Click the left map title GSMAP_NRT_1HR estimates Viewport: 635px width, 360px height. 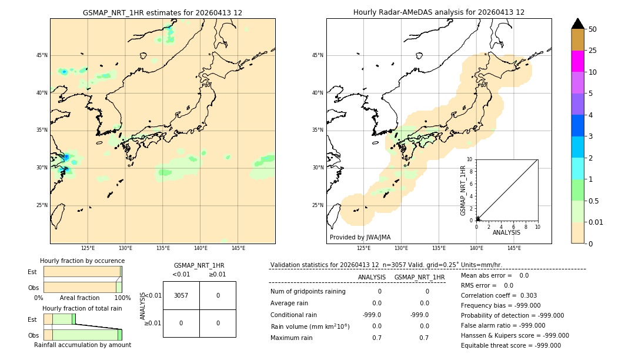pos(162,12)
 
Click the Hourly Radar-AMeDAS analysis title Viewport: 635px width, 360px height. pos(439,12)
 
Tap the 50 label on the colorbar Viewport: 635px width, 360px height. pos(593,29)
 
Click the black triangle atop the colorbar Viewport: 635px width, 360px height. pos(577,24)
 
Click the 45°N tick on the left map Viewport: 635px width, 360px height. pos(42,55)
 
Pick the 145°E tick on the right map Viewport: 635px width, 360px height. pos(514,248)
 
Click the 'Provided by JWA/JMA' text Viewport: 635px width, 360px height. pos(360,238)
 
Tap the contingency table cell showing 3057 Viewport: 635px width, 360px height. pos(181,295)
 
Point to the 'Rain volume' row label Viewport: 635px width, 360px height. pos(310,326)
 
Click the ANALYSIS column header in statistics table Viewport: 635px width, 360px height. pos(372,277)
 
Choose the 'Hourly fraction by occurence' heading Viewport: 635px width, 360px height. pos(82,261)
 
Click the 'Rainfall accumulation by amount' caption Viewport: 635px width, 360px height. pos(82,345)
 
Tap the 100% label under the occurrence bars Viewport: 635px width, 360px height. pos(122,298)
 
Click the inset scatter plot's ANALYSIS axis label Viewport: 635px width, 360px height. pos(506,232)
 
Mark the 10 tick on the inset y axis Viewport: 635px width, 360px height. pos(470,159)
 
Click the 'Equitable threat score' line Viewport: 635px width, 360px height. pos(511,345)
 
